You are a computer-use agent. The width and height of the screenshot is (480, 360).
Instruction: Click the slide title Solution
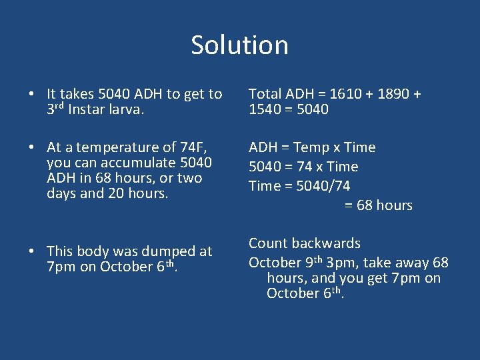tap(239, 45)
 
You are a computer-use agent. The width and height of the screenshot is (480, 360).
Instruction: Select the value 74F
tap(196, 147)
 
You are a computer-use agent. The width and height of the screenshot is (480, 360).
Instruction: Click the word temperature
tap(127, 147)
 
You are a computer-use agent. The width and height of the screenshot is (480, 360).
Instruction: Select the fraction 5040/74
tap(323, 186)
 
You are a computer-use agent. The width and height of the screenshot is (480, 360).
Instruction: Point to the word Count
tap(269, 243)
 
